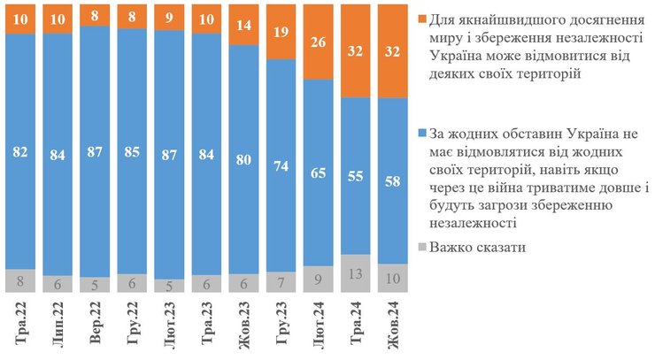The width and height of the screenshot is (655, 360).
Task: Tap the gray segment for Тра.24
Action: pyautogui.click(x=355, y=273)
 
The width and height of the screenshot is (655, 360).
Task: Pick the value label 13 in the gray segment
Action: pyautogui.click(x=355, y=273)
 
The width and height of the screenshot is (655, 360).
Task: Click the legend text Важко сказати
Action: pyautogui.click(x=478, y=247)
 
